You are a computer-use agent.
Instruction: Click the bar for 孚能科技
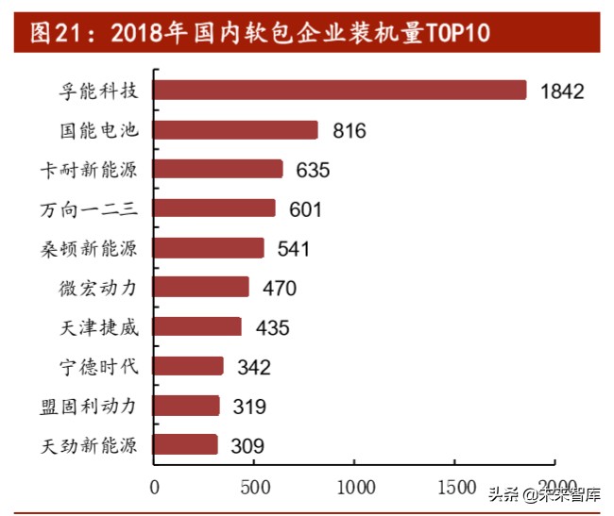[340, 91]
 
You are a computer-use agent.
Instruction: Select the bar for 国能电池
[236, 130]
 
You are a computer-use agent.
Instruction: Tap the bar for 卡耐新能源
[218, 170]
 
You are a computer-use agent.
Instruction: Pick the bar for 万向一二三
[214, 208]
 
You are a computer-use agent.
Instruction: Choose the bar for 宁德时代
[189, 366]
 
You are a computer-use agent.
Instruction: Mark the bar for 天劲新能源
[185, 445]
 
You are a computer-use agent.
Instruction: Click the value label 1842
[562, 92]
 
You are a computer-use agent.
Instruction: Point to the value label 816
[349, 131]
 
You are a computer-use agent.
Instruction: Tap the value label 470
[279, 289]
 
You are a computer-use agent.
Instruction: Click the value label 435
[271, 328]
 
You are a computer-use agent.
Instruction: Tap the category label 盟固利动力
[90, 406]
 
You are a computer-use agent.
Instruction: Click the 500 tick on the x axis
[253, 487]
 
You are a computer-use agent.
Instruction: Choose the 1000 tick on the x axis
[354, 487]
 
